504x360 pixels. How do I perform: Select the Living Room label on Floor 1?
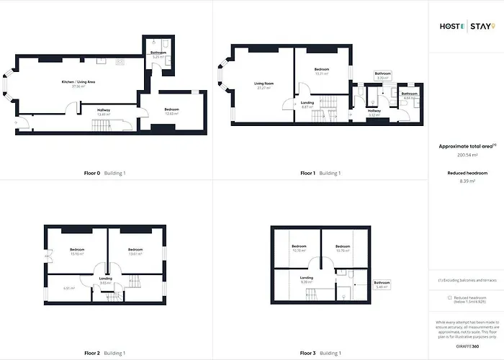pos(264,84)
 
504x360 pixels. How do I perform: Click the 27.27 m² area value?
pos(264,88)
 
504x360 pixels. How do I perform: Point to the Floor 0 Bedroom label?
pos(171,109)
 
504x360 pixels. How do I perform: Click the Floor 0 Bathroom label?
pos(158,53)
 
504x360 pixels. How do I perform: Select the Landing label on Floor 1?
pos(307,103)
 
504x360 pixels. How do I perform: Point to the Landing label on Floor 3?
pos(306,278)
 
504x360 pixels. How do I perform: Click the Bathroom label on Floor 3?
pos(382,283)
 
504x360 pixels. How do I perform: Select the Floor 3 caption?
pos(309,354)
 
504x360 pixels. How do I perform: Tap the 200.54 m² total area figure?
pos(467,155)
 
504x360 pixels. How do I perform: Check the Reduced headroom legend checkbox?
pos(450,297)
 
